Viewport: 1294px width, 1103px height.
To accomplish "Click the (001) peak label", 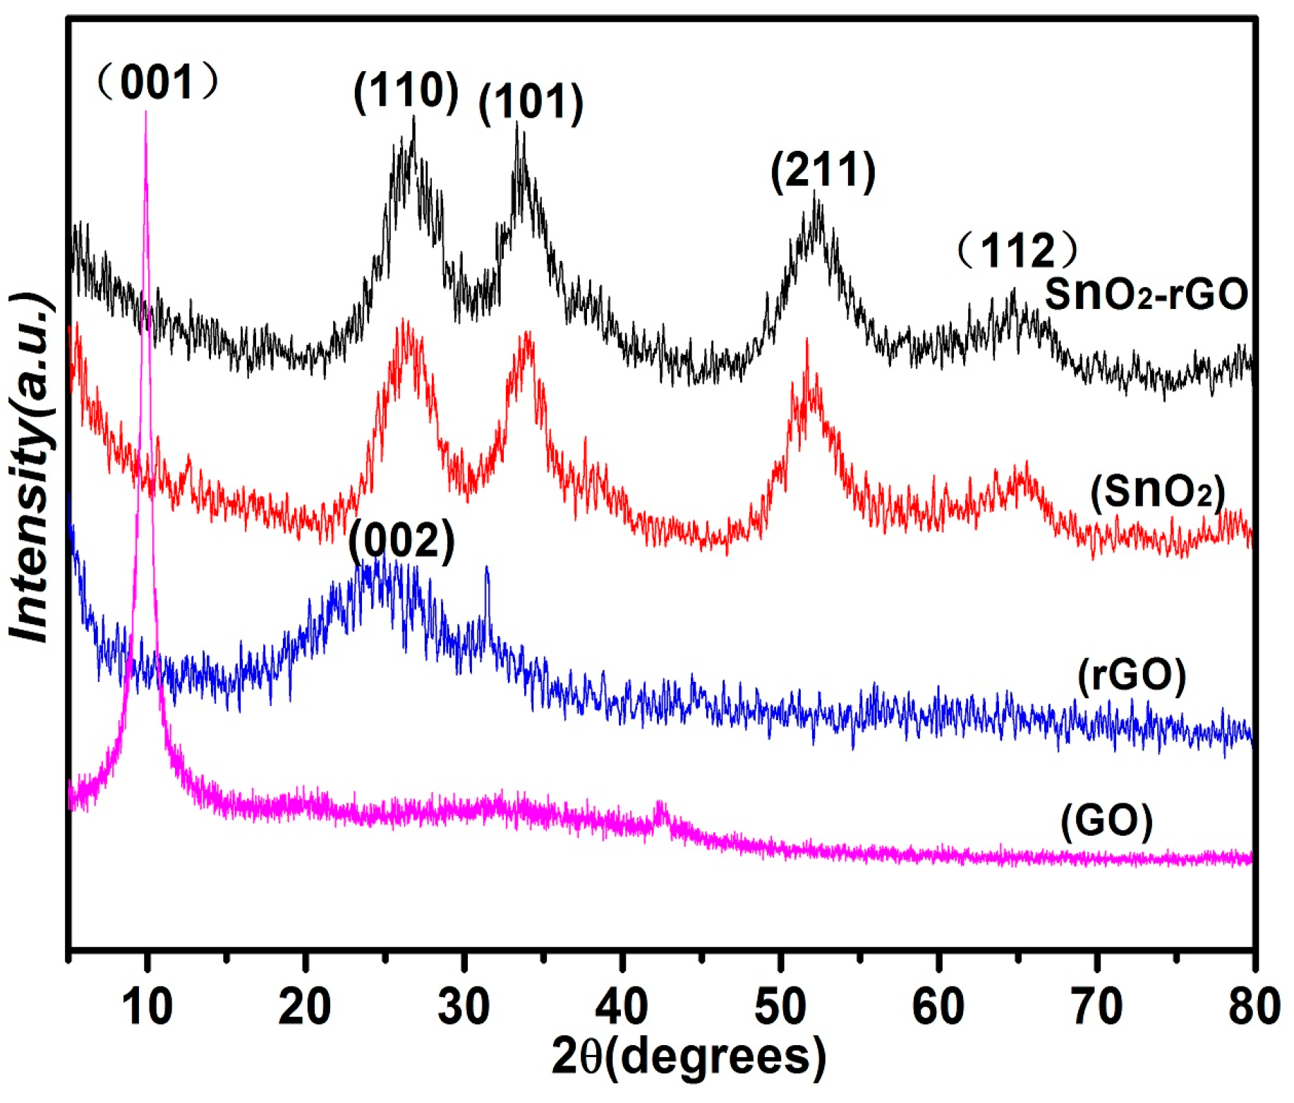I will pos(157,83).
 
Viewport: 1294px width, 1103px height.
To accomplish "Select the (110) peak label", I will pos(406,91).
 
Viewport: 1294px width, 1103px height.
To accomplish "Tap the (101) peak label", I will pos(531,102).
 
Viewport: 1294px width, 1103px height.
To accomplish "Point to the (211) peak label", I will pos(823,171).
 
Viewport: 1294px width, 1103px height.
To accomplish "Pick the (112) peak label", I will pos(1017,250).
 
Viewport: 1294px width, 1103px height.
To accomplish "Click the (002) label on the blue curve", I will pos(401,542).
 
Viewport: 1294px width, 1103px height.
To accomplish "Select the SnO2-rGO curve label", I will pos(1146,294).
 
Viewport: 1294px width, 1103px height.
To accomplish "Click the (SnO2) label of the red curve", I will pos(1157,492).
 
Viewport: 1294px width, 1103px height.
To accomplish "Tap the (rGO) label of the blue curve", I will pos(1132,675).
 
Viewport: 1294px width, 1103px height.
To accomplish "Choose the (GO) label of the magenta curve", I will pos(1106,821).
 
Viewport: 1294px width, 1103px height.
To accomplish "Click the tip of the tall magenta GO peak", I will pos(145,113).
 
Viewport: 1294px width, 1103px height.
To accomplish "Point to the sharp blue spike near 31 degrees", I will pos(486,568).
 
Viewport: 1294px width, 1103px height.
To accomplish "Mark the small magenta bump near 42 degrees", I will pos(660,804).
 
